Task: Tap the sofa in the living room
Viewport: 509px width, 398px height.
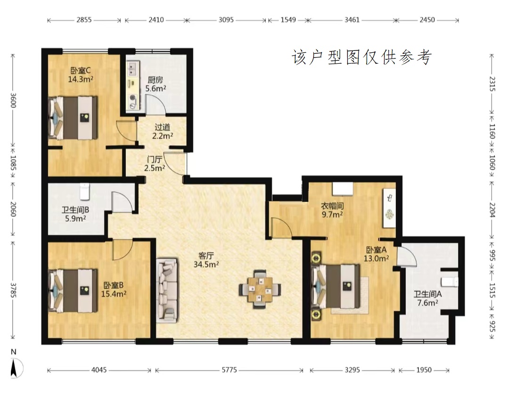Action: [x=167, y=290]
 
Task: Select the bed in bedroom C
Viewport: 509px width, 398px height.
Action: [x=73, y=117]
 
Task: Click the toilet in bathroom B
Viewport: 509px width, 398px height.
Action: [x=84, y=191]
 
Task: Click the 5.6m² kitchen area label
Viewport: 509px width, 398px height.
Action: [x=156, y=88]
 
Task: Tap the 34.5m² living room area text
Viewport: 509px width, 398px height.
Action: [x=206, y=265]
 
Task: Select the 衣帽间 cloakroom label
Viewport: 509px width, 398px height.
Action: [x=332, y=206]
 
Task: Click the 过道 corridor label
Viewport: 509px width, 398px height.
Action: [x=163, y=127]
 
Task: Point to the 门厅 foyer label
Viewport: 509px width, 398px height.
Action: [x=155, y=159]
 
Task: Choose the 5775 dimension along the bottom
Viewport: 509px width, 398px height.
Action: [x=229, y=370]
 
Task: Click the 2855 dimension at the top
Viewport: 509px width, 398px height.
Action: [x=84, y=20]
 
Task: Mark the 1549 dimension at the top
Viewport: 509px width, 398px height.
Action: [x=288, y=20]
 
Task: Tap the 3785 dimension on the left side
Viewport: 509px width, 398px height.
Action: [x=13, y=290]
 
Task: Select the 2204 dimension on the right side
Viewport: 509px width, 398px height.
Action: [x=492, y=210]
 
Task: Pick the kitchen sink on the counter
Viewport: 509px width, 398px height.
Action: [x=132, y=69]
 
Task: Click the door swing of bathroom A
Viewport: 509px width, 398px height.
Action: [x=407, y=257]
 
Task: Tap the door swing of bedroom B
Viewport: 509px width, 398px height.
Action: [x=123, y=249]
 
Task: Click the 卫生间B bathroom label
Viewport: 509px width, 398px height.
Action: [x=75, y=210]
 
